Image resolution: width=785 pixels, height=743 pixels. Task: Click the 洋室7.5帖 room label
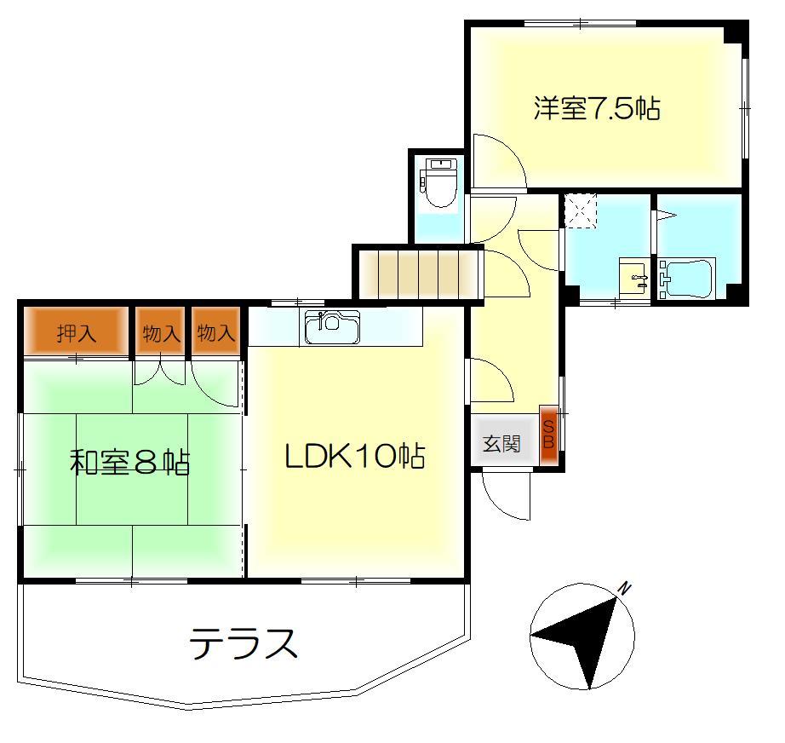597,109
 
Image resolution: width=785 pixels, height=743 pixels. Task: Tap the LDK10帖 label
354,458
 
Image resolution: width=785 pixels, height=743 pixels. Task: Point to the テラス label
244,643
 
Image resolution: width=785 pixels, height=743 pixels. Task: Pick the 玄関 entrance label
501,444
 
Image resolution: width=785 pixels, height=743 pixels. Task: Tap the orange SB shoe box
549,436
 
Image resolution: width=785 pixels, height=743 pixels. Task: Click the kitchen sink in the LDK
332,328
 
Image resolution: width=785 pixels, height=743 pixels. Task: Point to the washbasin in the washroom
632,277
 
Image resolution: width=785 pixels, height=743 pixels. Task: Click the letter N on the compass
624,588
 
